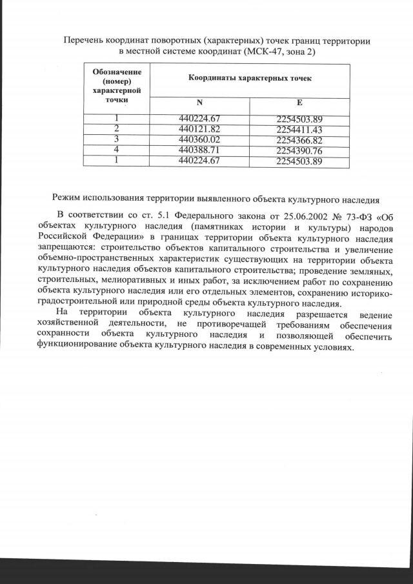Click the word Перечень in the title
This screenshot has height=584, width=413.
[84, 40]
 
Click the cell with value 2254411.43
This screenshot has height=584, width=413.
[299, 129]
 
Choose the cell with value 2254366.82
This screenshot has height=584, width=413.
[299, 139]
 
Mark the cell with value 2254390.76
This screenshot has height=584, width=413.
[299, 150]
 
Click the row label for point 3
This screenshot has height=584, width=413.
[117, 139]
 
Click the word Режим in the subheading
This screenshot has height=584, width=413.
[68, 198]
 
